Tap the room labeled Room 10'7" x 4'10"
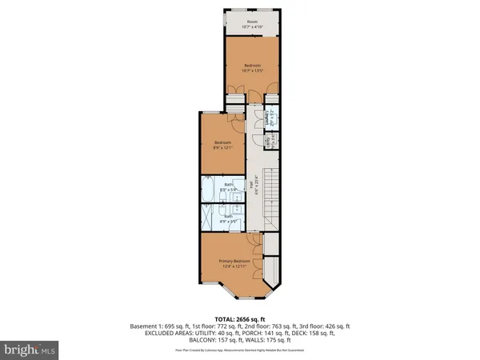[x=252, y=25]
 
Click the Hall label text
[x=252, y=189]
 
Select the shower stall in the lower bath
[x=207, y=217]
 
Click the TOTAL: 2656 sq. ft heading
[x=239, y=318]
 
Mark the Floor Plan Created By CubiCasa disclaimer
[x=239, y=350]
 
